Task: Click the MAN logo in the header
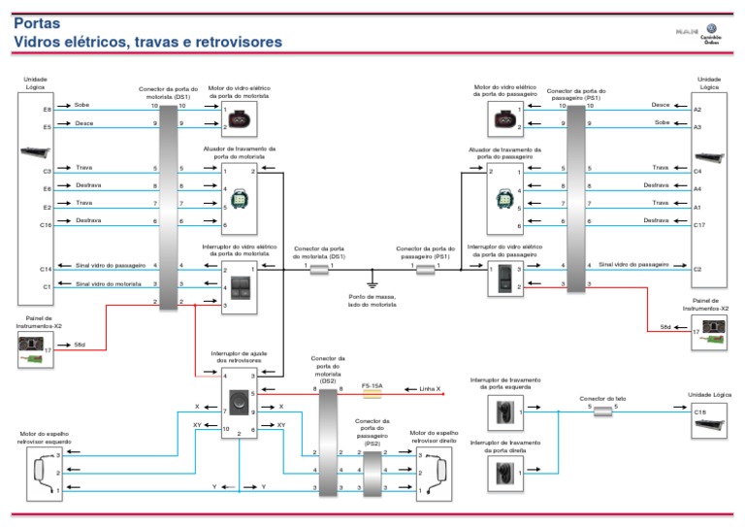point(686,32)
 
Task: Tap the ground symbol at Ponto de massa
point(372,282)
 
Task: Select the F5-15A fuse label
point(372,386)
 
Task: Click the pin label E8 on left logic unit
point(47,110)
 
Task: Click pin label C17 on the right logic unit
point(697,224)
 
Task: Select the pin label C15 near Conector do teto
point(698,412)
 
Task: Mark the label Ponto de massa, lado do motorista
point(372,301)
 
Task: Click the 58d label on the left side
point(80,345)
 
